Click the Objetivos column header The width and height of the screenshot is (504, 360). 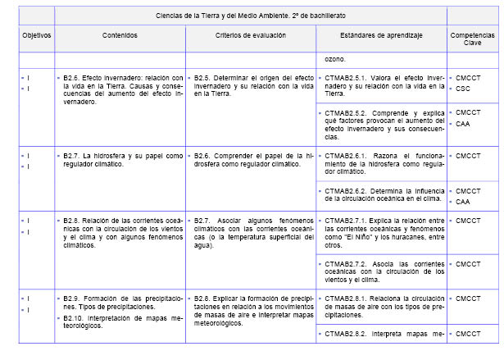[x=36, y=36]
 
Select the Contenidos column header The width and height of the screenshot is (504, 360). [x=120, y=36]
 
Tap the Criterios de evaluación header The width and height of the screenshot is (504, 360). [x=250, y=36]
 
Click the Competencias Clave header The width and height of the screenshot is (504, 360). [x=472, y=40]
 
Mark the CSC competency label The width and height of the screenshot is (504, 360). [x=463, y=88]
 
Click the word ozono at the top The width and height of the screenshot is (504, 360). [x=334, y=59]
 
